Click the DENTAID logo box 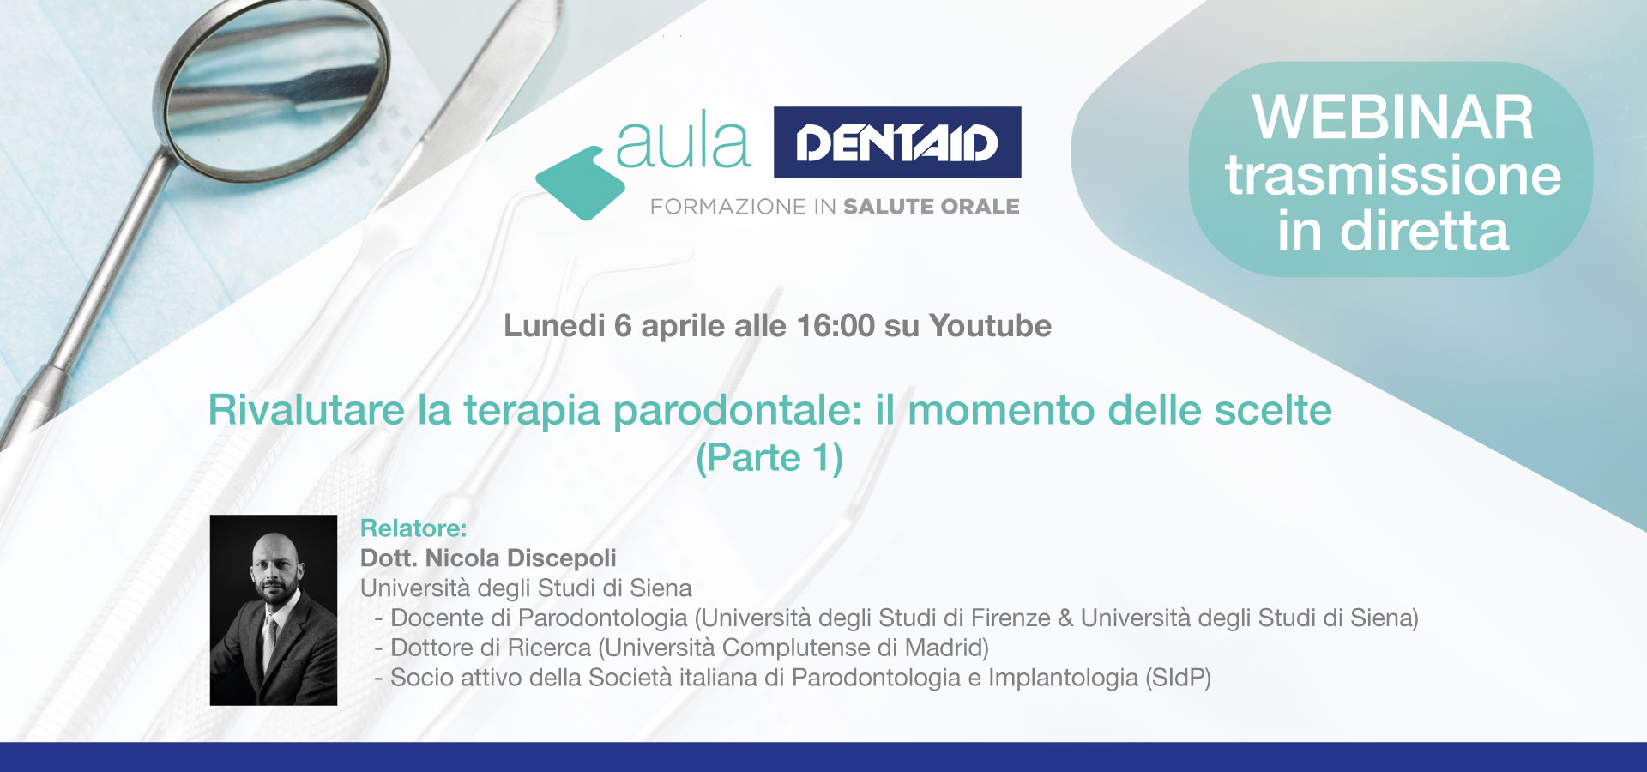[897, 142]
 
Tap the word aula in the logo [683, 141]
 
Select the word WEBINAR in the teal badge [1392, 118]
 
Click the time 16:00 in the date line [836, 326]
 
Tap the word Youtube [991, 326]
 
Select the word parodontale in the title [737, 411]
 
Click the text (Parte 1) [769, 458]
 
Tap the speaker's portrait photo [274, 610]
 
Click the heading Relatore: [413, 528]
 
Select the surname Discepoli [562, 558]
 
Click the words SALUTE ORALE [932, 207]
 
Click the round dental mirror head [274, 87]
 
